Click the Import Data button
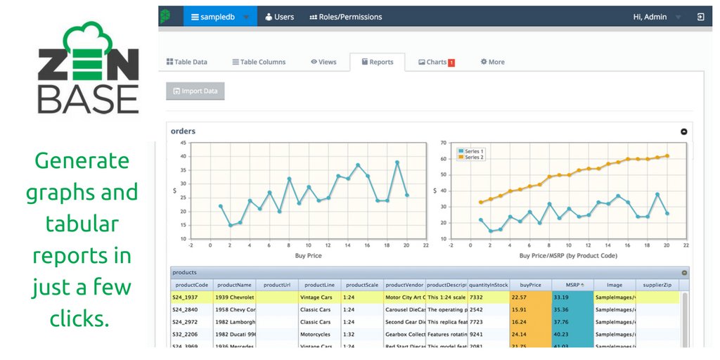pos(195,91)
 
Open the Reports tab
pos(377,62)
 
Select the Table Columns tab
pos(258,62)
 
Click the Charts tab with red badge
pos(436,62)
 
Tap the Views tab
pos(323,62)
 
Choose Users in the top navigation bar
pos(279,17)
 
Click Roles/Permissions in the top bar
pos(346,17)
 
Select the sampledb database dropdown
pos(220,17)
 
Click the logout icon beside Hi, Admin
pos(700,17)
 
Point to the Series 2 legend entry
pos(475,157)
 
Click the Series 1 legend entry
pos(475,151)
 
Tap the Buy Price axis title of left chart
pos(309,256)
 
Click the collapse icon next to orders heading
pos(683,131)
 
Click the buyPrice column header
pos(530,285)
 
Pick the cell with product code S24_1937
pos(191,297)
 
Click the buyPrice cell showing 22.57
pos(530,297)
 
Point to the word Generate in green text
pos(82,160)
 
